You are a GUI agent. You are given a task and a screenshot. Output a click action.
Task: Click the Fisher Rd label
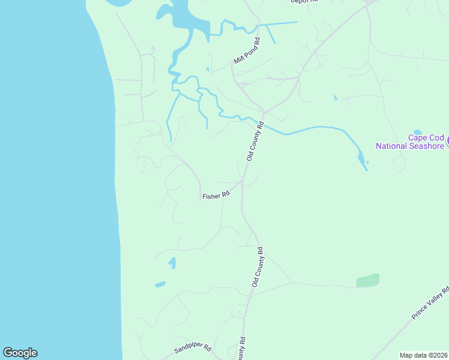[216, 196]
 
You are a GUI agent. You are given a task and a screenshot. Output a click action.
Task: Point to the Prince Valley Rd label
[430, 304]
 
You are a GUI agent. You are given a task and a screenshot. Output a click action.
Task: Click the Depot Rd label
[303, 2]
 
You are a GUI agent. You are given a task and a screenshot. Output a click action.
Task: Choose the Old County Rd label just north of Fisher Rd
[256, 141]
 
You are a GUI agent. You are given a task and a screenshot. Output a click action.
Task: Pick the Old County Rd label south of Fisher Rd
[258, 266]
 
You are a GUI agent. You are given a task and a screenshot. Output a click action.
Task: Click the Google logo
[20, 353]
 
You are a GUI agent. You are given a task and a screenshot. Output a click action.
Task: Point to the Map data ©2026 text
[423, 355]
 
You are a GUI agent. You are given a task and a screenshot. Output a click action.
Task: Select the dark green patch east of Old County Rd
[368, 280]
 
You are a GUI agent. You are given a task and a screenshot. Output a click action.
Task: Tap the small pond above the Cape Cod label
[418, 132]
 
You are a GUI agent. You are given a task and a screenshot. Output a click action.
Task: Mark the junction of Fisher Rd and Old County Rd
[243, 180]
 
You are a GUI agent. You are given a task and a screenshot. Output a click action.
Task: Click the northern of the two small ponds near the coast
[172, 263]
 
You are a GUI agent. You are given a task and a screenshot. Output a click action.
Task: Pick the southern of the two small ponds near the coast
[160, 284]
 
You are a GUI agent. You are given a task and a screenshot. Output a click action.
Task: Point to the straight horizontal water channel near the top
[279, 23]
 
